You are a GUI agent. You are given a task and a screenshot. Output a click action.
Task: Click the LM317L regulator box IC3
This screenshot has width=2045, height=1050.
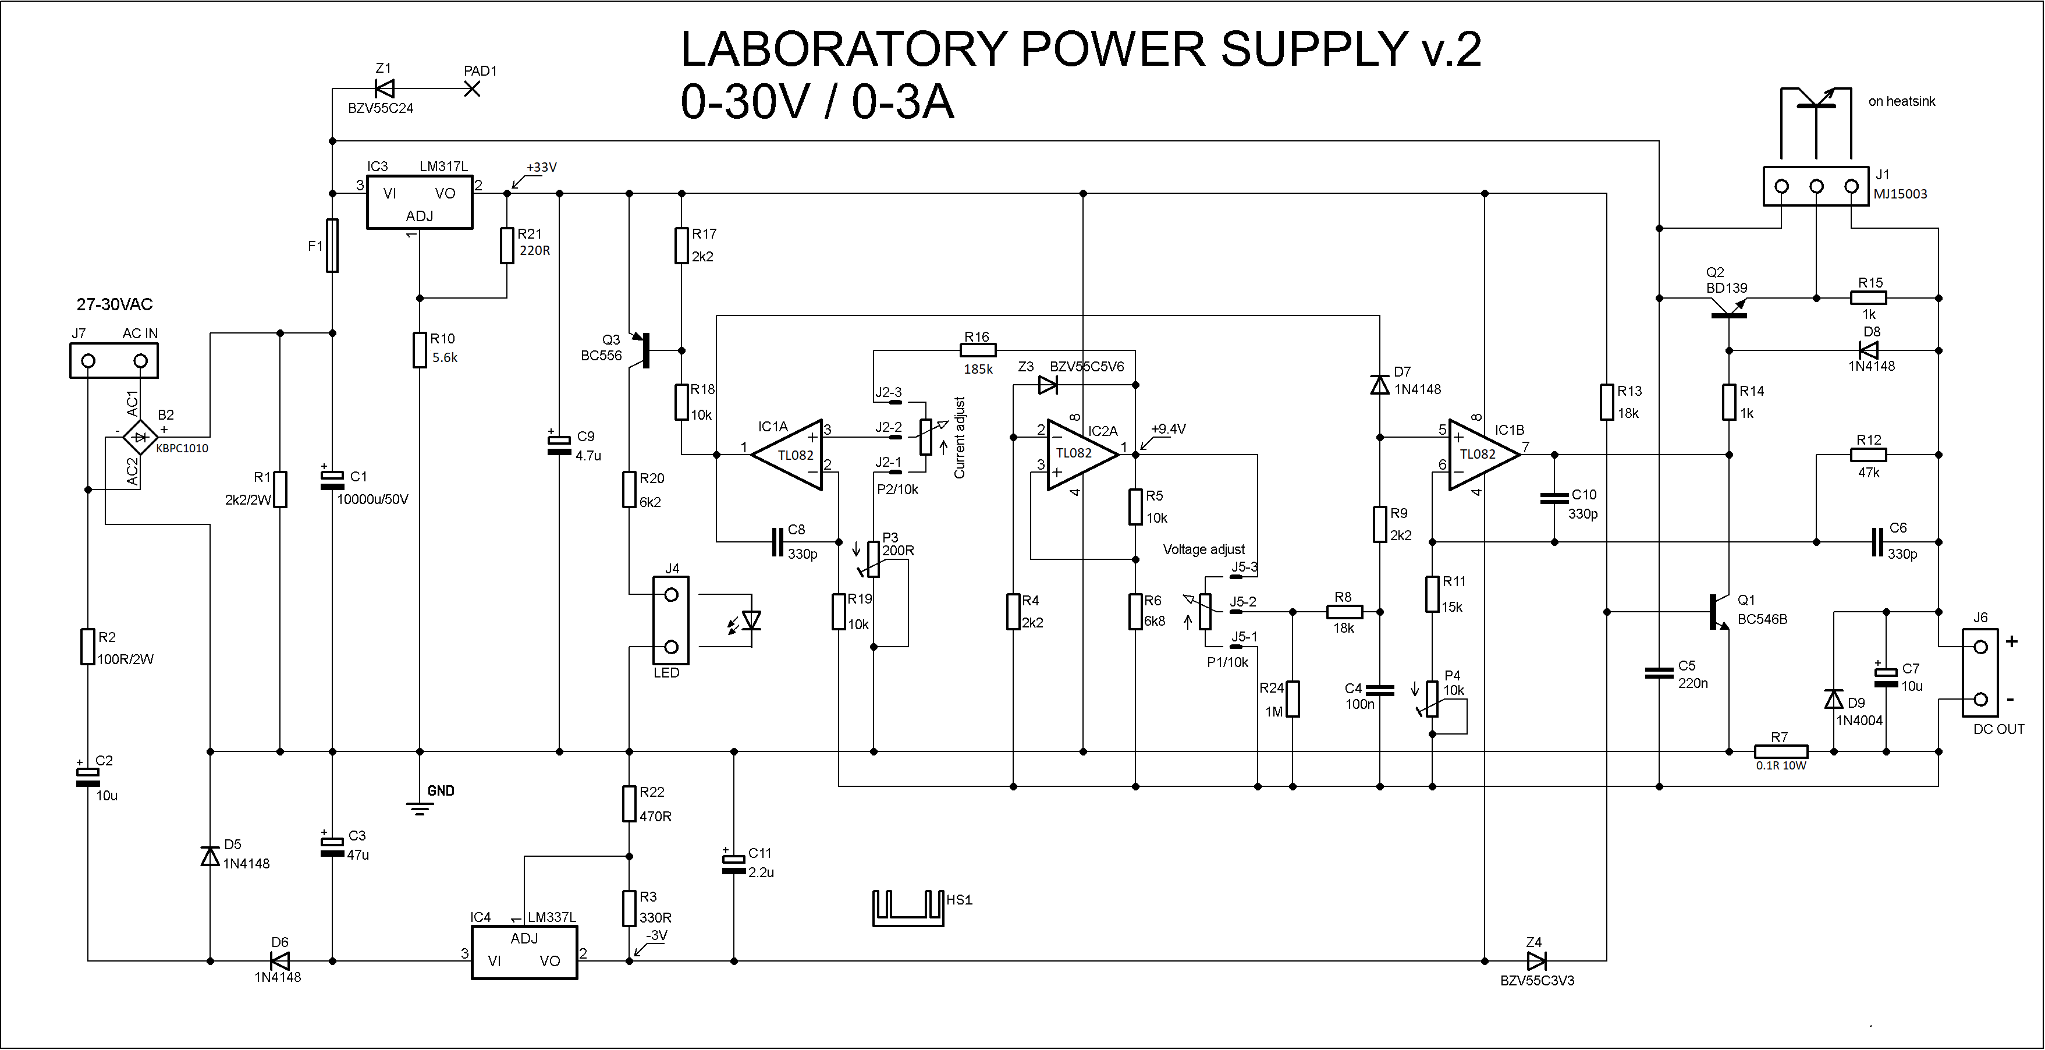(419, 203)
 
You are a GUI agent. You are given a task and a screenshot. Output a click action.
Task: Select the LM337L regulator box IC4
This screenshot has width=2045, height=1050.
(524, 952)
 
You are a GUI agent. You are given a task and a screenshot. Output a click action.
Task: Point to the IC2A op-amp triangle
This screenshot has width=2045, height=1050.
(1081, 455)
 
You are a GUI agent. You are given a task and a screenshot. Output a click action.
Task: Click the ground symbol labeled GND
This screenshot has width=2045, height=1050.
(419, 808)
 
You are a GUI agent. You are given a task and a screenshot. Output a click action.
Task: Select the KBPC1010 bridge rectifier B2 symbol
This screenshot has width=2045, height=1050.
(140, 437)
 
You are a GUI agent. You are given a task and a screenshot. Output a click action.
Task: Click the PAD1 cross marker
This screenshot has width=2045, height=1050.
(471, 89)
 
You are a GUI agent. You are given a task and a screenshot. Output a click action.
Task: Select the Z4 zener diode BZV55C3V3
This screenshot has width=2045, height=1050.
(1536, 961)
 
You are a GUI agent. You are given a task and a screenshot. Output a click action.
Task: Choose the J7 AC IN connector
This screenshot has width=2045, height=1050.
(113, 361)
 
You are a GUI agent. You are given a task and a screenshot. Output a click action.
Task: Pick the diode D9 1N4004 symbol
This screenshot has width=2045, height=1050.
(1834, 699)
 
